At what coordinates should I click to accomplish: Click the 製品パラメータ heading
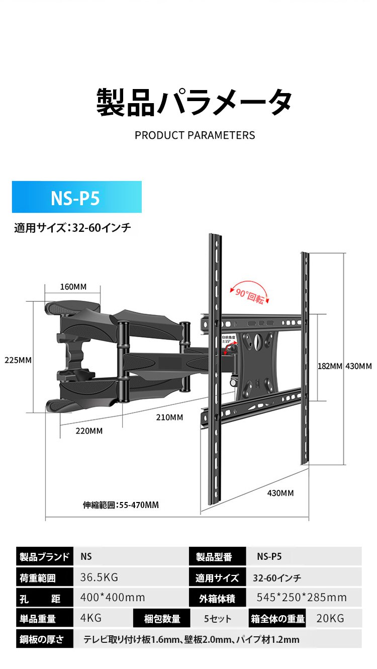[194, 103]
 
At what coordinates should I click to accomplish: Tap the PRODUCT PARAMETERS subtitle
[195, 135]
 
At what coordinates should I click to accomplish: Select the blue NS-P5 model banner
[76, 197]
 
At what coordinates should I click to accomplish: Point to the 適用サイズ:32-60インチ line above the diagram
[72, 228]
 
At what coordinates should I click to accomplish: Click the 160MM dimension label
[73, 287]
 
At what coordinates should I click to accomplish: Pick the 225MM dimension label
[18, 360]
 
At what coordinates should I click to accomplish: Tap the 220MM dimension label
[89, 431]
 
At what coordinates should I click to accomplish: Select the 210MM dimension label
[169, 417]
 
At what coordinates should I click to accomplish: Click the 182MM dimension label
[329, 366]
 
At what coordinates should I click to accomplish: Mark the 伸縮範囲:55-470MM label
[121, 505]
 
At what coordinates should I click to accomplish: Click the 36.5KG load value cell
[99, 577]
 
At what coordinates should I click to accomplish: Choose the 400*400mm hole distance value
[113, 598]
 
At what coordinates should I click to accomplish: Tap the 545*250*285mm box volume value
[302, 598]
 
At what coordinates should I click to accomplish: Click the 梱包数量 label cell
[162, 618]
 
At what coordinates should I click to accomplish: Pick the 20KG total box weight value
[330, 618]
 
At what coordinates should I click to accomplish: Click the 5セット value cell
[218, 618]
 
